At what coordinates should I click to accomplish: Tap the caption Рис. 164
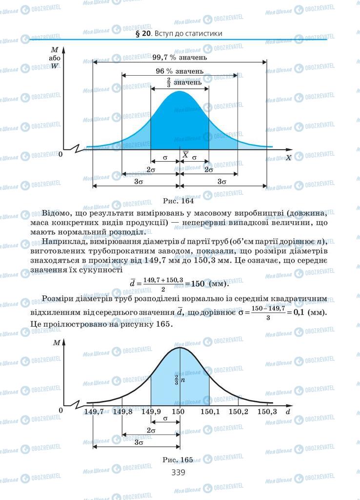point(180,201)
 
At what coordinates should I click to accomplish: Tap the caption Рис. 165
point(180,459)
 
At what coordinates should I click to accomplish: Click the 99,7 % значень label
point(180,57)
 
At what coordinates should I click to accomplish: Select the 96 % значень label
point(180,71)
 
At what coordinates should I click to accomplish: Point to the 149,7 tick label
point(94,412)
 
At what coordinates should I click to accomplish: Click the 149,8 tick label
point(122,412)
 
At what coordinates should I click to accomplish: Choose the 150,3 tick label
point(267,412)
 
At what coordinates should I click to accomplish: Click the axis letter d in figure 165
point(288,412)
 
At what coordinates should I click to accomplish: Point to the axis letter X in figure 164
point(288,158)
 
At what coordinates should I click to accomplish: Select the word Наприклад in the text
point(62,242)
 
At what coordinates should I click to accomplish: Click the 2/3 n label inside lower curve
point(179,379)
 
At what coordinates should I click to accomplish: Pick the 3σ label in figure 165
point(139,442)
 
